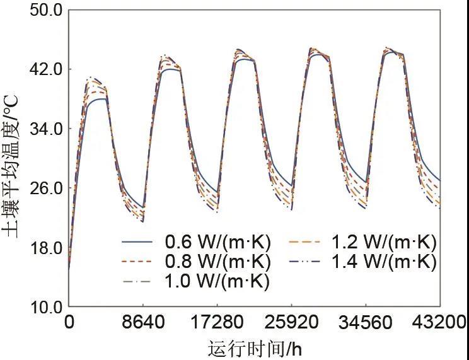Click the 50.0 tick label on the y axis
coord(42,10)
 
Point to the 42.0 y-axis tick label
coord(42,69)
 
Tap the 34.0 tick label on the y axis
coord(42,129)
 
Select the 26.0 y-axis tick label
coord(42,188)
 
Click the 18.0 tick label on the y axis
coord(42,248)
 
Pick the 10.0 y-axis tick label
coord(42,307)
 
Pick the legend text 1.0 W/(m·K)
coord(217,281)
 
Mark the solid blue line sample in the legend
coord(138,242)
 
